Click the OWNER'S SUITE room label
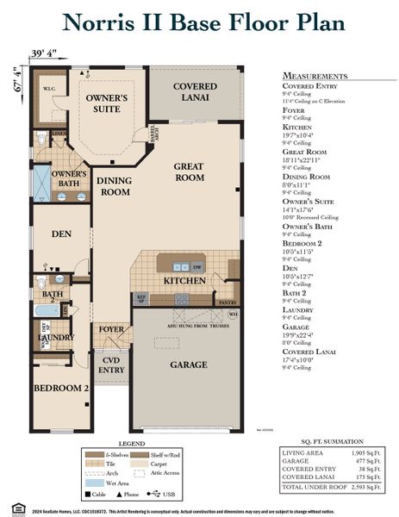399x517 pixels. (107, 104)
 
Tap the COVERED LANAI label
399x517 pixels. (195, 93)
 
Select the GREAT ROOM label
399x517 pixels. (189, 171)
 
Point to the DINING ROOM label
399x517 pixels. (113, 187)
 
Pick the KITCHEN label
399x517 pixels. (184, 281)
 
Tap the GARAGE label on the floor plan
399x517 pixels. (188, 364)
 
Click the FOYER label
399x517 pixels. (111, 329)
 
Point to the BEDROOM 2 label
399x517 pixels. (61, 389)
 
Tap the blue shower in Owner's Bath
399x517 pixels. (41, 183)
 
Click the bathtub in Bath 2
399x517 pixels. (48, 309)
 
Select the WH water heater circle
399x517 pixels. (233, 314)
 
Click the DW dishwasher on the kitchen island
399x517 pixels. (197, 267)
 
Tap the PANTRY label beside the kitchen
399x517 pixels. (228, 302)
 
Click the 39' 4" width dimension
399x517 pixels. (43, 53)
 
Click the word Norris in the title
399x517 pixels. (102, 22)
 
